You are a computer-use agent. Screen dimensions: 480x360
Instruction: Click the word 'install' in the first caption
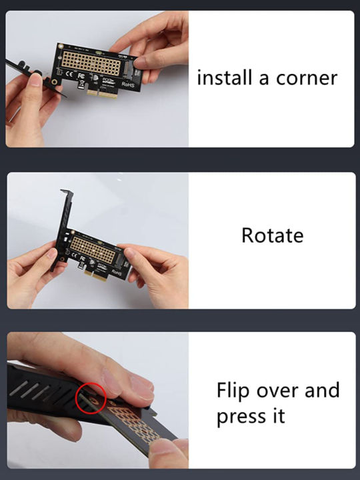tap(224, 78)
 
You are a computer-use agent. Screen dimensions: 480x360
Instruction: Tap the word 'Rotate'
tap(272, 235)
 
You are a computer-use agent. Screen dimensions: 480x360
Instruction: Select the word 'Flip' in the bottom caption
tap(233, 390)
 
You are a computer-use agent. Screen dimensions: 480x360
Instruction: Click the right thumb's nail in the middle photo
tap(130, 252)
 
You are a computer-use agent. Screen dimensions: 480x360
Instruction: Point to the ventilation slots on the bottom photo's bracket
tap(50, 387)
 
